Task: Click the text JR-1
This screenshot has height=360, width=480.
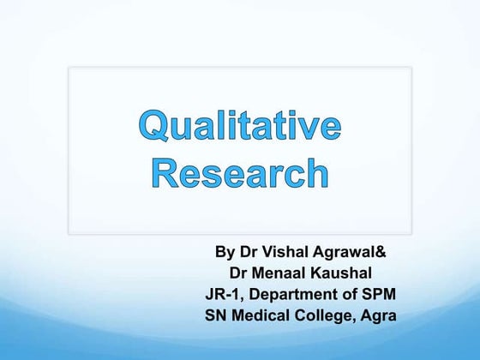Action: point(224,294)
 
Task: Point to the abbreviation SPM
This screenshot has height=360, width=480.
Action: point(376,294)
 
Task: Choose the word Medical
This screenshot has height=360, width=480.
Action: point(265,315)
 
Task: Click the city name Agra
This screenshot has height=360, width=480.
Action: point(378,315)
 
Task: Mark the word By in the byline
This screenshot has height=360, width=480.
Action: point(225,253)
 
